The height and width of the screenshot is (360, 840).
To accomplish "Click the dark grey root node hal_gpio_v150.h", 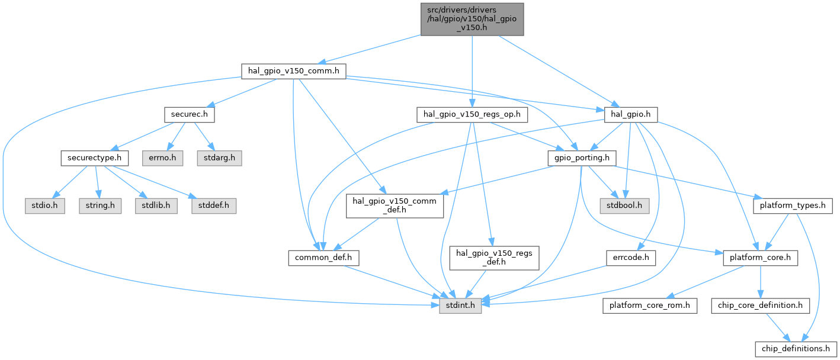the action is [x=472, y=20].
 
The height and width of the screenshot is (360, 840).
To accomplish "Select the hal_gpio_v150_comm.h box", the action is [x=294, y=71].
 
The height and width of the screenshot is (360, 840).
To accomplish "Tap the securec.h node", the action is [x=190, y=115].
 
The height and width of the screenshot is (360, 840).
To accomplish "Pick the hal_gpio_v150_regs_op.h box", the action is [x=472, y=115].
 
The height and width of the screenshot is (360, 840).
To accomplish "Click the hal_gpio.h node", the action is [x=631, y=115].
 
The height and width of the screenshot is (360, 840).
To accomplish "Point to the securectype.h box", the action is [x=95, y=158].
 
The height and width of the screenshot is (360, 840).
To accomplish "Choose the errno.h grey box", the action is [x=162, y=158].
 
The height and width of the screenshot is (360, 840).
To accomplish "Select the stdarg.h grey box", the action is [x=219, y=158].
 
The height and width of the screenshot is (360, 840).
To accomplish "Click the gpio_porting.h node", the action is [x=582, y=158].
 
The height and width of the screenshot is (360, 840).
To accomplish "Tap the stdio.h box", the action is [x=44, y=206].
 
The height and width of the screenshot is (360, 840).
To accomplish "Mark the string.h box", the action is [x=100, y=206].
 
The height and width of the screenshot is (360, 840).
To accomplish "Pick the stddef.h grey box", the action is [x=214, y=206].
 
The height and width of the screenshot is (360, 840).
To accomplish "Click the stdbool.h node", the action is [x=624, y=206].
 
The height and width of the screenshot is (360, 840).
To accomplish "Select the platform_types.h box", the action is [x=793, y=206].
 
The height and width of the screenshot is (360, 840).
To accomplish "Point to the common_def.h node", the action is [x=323, y=258].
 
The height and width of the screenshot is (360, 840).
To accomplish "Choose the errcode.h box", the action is [x=631, y=258].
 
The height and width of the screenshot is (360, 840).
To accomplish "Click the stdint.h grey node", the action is [x=460, y=306].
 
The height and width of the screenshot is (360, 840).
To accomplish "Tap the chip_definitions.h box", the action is [x=796, y=349].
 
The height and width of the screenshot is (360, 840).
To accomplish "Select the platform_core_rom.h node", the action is [x=650, y=306].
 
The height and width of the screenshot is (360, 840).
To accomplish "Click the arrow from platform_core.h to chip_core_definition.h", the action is [x=761, y=282].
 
